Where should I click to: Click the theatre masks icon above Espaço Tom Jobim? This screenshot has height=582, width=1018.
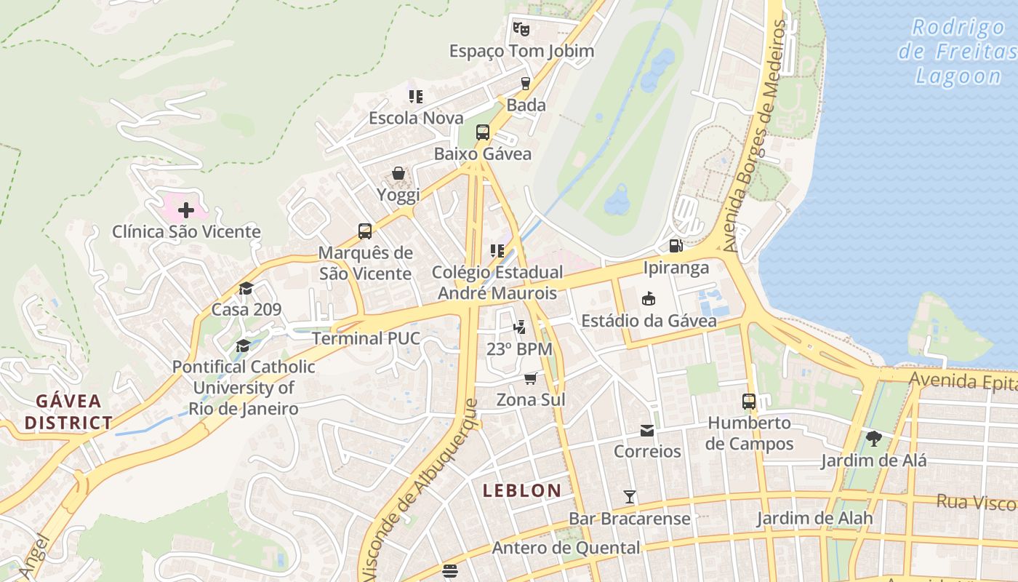[x=521, y=29]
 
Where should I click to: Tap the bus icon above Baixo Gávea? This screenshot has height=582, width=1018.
[x=483, y=132]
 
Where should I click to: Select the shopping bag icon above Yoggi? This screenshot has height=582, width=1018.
[x=398, y=173]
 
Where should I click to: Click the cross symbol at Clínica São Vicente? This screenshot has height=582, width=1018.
[x=186, y=210]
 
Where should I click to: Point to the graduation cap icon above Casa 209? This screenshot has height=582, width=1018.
[x=246, y=288]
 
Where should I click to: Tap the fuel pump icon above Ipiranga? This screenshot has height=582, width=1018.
[x=676, y=246]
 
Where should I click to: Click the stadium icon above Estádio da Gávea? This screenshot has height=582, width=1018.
[x=648, y=298]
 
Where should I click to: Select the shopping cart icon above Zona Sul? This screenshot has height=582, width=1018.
[x=531, y=378]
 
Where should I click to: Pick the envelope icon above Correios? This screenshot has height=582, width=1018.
[x=647, y=430]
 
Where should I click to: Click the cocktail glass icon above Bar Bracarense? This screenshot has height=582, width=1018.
[x=630, y=497]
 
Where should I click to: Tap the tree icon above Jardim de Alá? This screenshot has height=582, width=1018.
[x=874, y=438]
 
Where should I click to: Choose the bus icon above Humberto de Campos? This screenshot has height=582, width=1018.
[x=749, y=401]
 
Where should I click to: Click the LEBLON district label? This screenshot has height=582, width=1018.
[x=522, y=490]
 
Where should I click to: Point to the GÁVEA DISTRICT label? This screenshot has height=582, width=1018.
[x=69, y=412]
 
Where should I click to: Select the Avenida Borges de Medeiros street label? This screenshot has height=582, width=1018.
[x=760, y=136]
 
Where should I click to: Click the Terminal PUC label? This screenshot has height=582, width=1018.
[x=366, y=338]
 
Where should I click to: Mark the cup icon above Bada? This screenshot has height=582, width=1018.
[x=526, y=83]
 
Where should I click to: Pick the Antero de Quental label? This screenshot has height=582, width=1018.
[x=566, y=548]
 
